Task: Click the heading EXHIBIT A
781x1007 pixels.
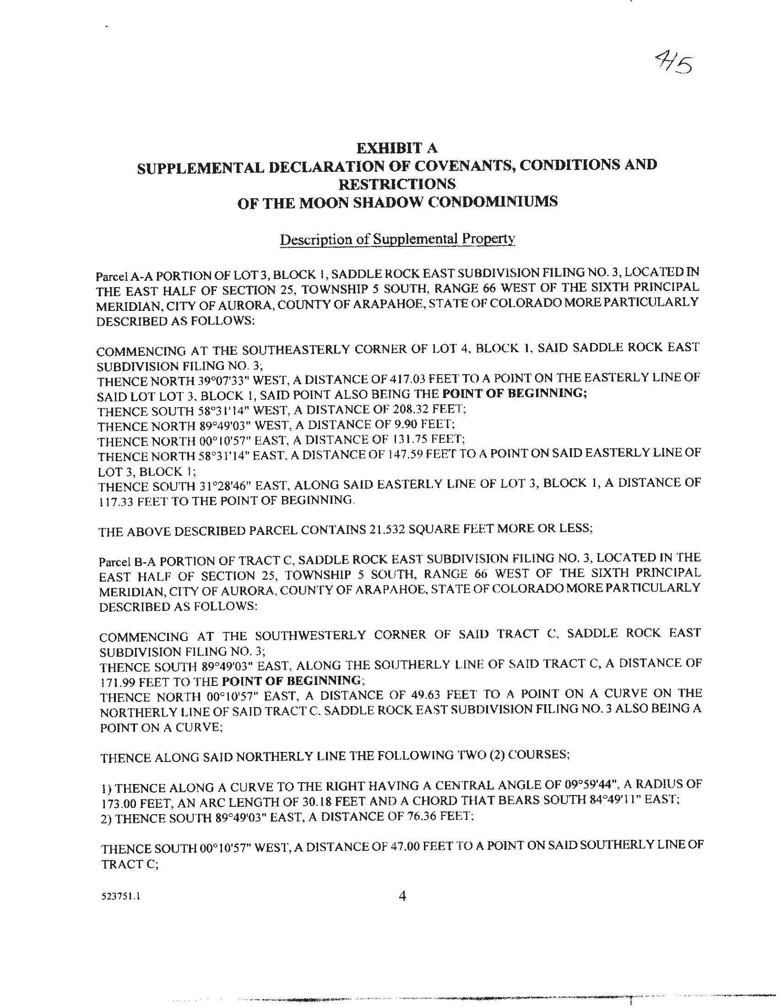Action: click(396, 148)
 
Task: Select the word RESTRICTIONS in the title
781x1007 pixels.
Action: click(397, 184)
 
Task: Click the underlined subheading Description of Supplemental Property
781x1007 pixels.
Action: click(397, 240)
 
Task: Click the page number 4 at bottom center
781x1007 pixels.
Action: click(401, 896)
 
